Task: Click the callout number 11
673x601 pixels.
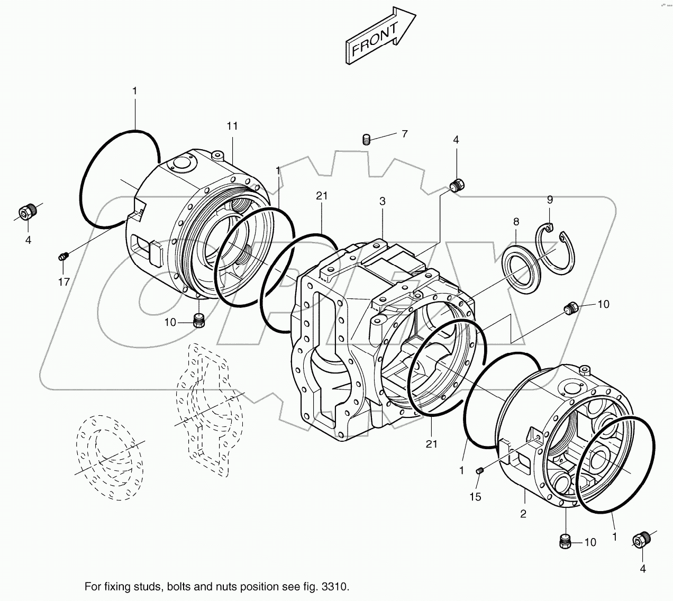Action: [x=232, y=126]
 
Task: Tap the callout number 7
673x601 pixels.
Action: [x=405, y=134]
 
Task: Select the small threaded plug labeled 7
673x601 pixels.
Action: [x=366, y=140]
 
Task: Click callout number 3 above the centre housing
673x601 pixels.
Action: [x=382, y=201]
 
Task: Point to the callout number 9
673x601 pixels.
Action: [x=550, y=199]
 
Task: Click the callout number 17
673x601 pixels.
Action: [x=63, y=282]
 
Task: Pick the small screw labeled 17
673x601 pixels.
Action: [x=62, y=257]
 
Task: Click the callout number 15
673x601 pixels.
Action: [x=475, y=497]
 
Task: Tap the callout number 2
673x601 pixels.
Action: [x=523, y=514]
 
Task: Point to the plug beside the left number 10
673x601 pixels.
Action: [x=198, y=320]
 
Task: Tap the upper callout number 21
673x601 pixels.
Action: [x=322, y=196]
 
